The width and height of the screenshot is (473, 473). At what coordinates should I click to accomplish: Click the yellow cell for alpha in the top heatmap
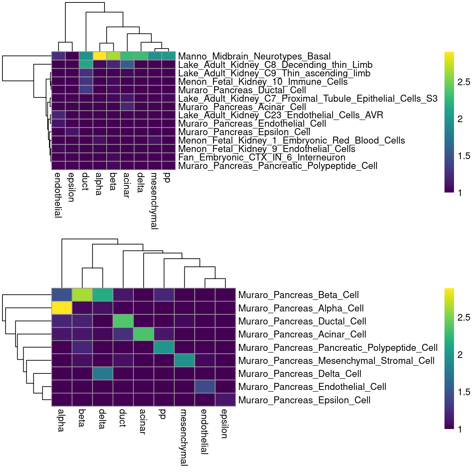pos(100,56)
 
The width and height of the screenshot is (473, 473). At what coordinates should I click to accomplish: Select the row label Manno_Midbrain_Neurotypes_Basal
pos(254,56)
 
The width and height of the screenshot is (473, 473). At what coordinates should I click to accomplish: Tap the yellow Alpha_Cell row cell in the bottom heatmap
pos(62,308)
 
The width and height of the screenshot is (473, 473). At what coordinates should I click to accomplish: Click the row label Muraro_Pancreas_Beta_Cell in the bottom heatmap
pos(298,295)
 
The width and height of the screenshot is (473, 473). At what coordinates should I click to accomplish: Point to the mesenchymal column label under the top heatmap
pos(154,201)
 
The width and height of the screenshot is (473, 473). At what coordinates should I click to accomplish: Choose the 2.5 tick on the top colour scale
pos(463,82)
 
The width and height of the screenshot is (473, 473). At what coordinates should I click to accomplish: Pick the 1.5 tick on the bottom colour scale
pos(463,392)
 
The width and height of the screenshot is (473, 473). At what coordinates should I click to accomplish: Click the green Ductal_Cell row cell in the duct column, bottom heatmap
pos(123,321)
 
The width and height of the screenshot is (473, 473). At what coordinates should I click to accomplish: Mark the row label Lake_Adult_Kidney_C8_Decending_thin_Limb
pos(275,65)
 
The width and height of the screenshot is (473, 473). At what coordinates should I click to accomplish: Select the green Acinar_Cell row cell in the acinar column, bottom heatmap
pos(144,334)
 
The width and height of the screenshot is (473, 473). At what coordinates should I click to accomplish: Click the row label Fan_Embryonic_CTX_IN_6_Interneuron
pos(261,157)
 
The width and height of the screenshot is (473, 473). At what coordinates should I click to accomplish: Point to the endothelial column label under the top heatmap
pos(58,195)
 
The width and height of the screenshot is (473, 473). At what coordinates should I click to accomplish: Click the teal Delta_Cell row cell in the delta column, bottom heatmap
pos(103,373)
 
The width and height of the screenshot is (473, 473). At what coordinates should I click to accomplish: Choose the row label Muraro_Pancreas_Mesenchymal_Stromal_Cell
pos(336,361)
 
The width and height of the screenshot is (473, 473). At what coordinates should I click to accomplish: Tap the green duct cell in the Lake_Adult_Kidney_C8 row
pos(86,64)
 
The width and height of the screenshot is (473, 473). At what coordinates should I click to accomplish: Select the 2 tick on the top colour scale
pos(460,119)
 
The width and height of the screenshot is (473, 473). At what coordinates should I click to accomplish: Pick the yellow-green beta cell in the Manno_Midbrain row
pos(113,56)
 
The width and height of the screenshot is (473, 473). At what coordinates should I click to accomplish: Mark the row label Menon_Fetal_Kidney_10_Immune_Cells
pos(263,82)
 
